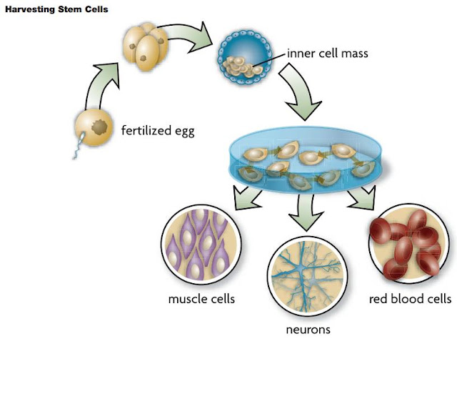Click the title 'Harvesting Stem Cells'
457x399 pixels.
[56, 10]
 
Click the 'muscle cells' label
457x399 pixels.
[201, 298]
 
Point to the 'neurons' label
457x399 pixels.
[303, 330]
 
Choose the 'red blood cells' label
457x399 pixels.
[410, 298]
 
